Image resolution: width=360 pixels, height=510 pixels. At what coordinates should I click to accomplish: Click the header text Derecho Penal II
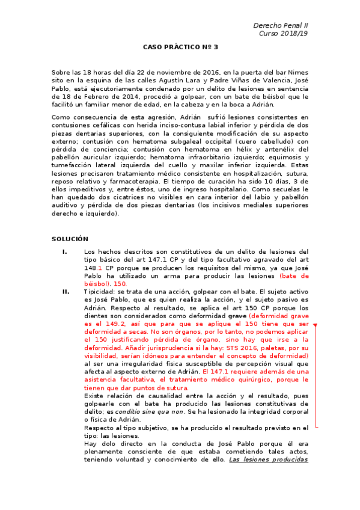click(281, 26)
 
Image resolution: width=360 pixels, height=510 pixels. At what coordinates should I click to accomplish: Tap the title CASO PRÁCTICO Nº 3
click(180, 47)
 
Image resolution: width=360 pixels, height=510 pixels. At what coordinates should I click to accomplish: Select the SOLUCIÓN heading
click(70, 239)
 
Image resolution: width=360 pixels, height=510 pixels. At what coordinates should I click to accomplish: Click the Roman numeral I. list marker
click(64, 251)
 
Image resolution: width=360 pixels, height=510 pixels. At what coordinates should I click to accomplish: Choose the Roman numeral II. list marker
click(66, 291)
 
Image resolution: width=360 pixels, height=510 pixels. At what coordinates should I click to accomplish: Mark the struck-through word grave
click(237, 315)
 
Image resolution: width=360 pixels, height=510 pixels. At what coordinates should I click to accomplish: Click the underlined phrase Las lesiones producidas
click(269, 459)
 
